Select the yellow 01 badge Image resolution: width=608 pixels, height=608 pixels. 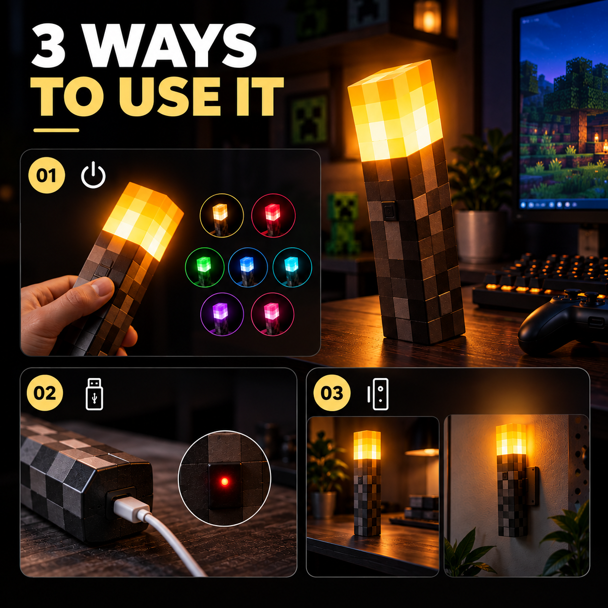click(47, 176)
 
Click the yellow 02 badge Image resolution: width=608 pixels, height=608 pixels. click(45, 393)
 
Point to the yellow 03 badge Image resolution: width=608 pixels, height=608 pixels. click(332, 393)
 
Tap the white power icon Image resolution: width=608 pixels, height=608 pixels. click(94, 175)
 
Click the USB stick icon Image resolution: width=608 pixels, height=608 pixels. click(95, 394)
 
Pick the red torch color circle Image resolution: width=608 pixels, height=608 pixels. click(273, 215)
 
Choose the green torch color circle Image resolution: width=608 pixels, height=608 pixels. click(205, 267)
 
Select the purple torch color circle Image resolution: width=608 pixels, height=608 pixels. click(222, 314)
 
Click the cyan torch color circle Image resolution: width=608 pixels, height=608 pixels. click(292, 267)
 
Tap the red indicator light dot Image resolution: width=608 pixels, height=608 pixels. click(224, 481)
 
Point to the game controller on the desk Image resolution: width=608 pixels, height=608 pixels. click(563, 322)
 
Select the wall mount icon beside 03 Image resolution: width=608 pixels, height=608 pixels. click(378, 394)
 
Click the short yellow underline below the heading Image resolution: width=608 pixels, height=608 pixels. click(56, 130)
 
